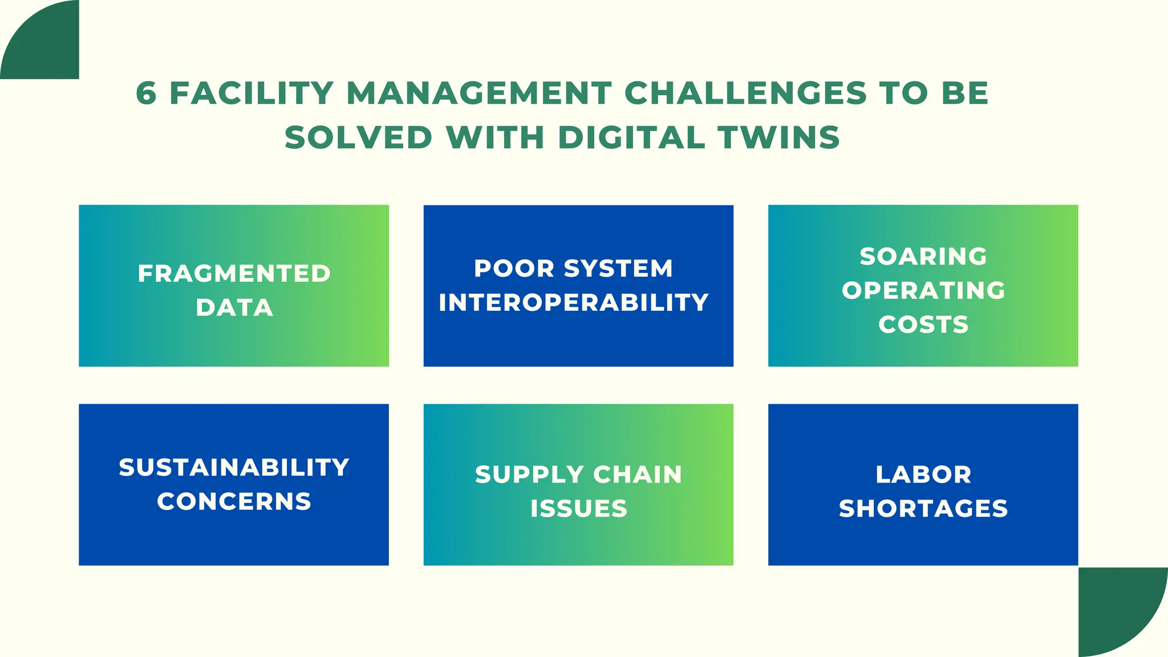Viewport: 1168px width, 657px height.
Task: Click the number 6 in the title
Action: [x=146, y=93]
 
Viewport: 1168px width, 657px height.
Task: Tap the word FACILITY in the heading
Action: [x=252, y=93]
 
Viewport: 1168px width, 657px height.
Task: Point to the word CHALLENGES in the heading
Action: [x=745, y=93]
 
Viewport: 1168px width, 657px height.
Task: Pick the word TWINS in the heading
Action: [x=779, y=137]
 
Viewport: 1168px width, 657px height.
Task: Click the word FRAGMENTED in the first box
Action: [x=234, y=274]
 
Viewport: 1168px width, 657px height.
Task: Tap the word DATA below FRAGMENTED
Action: [x=234, y=308]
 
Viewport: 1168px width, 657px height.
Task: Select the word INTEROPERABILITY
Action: [x=574, y=302]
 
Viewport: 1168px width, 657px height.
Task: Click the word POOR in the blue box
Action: [x=514, y=269]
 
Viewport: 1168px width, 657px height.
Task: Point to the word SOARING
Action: [x=923, y=257]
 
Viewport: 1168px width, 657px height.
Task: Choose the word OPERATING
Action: [x=923, y=290]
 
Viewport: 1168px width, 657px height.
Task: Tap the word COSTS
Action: [x=923, y=325]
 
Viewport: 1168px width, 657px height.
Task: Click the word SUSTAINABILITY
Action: [x=234, y=468]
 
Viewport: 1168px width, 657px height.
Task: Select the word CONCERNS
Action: [x=234, y=502]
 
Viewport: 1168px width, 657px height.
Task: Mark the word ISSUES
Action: [x=579, y=509]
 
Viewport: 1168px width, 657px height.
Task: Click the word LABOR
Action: [x=923, y=474]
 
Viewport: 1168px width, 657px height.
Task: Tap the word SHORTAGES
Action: [x=923, y=509]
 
